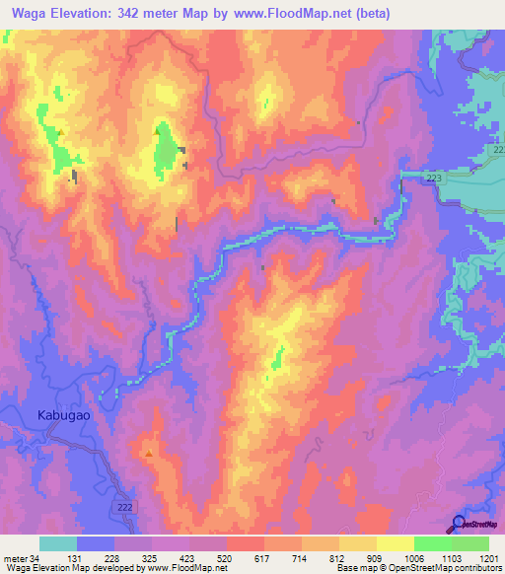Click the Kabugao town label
click(x=64, y=415)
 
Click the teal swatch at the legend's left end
click(x=57, y=543)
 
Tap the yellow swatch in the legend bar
click(x=395, y=543)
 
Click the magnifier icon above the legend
click(x=459, y=523)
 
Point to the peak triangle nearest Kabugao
click(x=149, y=454)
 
